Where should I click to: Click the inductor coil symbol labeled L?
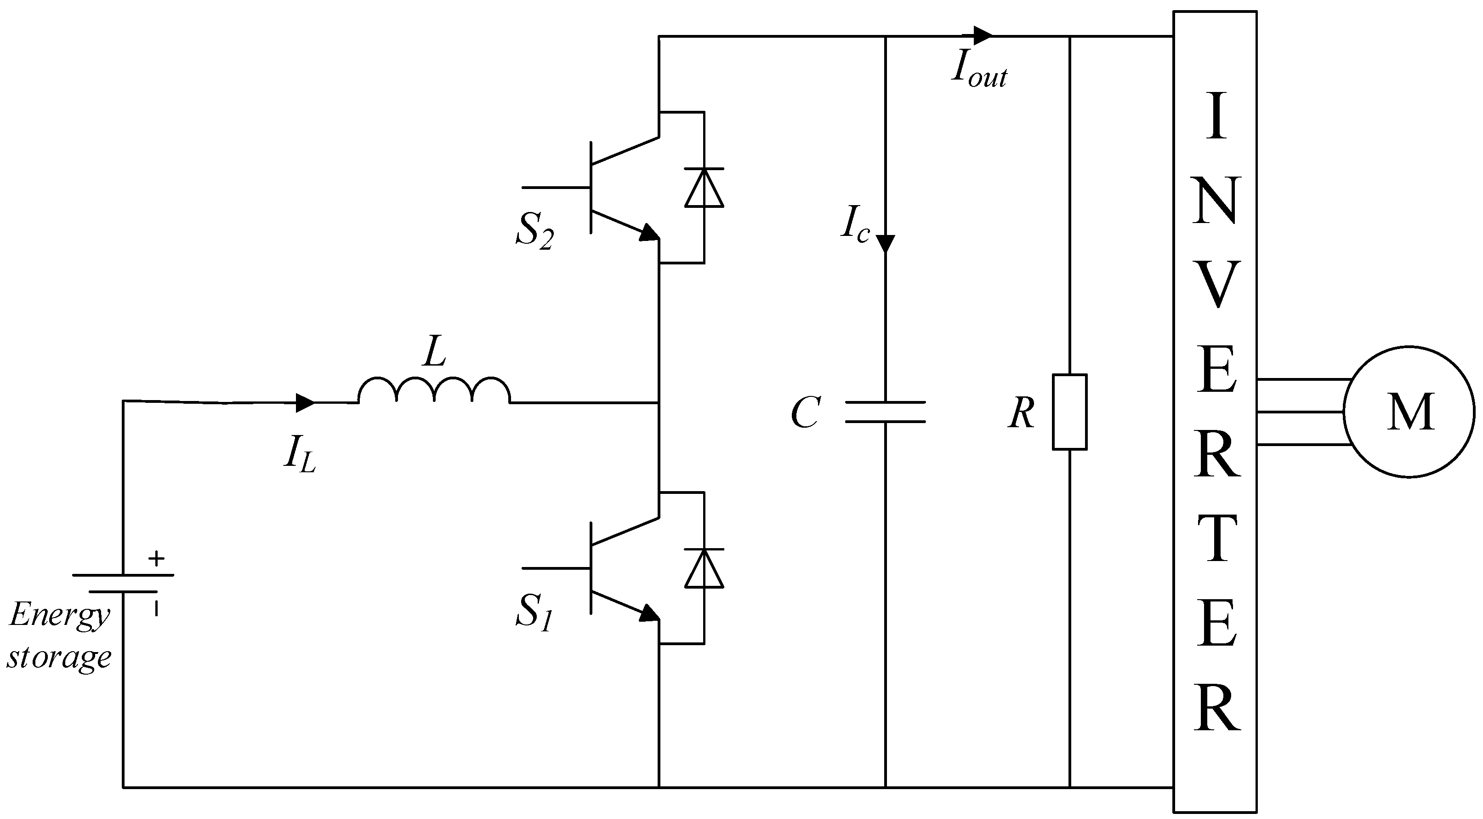(x=434, y=390)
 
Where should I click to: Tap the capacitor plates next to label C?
(x=885, y=412)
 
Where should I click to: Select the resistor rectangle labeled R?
(x=1070, y=412)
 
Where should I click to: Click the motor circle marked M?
(x=1409, y=412)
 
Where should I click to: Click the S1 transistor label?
(x=534, y=612)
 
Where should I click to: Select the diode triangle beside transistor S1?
(x=704, y=568)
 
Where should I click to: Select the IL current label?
(x=299, y=455)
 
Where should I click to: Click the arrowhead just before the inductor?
(x=305, y=402)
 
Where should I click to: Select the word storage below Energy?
(x=59, y=658)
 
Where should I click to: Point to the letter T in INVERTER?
(x=1216, y=539)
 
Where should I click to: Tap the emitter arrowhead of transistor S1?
(x=650, y=613)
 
